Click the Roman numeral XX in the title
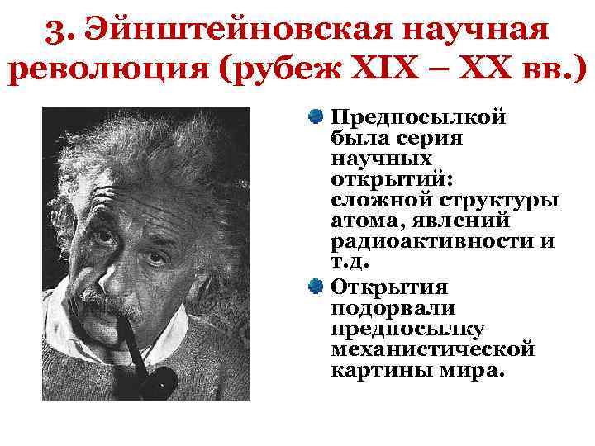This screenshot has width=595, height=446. point(490,73)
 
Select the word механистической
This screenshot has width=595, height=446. point(432,349)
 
